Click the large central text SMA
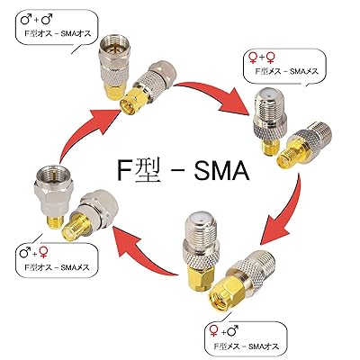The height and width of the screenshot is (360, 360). pyautogui.click(x=221, y=170)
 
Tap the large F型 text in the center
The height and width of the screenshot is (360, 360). pyautogui.click(x=138, y=170)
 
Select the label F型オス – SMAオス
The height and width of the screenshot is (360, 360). pyautogui.click(x=58, y=33)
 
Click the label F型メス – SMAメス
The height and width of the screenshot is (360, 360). pyautogui.click(x=286, y=71)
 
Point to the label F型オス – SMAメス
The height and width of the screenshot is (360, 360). pyautogui.click(x=57, y=266)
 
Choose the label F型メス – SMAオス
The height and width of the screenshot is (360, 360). pyautogui.click(x=246, y=346)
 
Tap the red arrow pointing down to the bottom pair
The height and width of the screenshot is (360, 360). pyautogui.click(x=283, y=210)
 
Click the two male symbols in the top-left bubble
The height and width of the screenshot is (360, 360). pyautogui.click(x=36, y=20)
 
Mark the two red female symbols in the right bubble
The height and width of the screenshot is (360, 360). pyautogui.click(x=261, y=57)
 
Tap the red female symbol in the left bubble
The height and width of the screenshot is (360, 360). pyautogui.click(x=43, y=253)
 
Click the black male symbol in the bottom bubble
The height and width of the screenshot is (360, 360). pyautogui.click(x=233, y=331)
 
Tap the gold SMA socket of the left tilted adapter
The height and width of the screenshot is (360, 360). pyautogui.click(x=72, y=227)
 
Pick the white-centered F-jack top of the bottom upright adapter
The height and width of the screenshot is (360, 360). pyautogui.click(x=199, y=222)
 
